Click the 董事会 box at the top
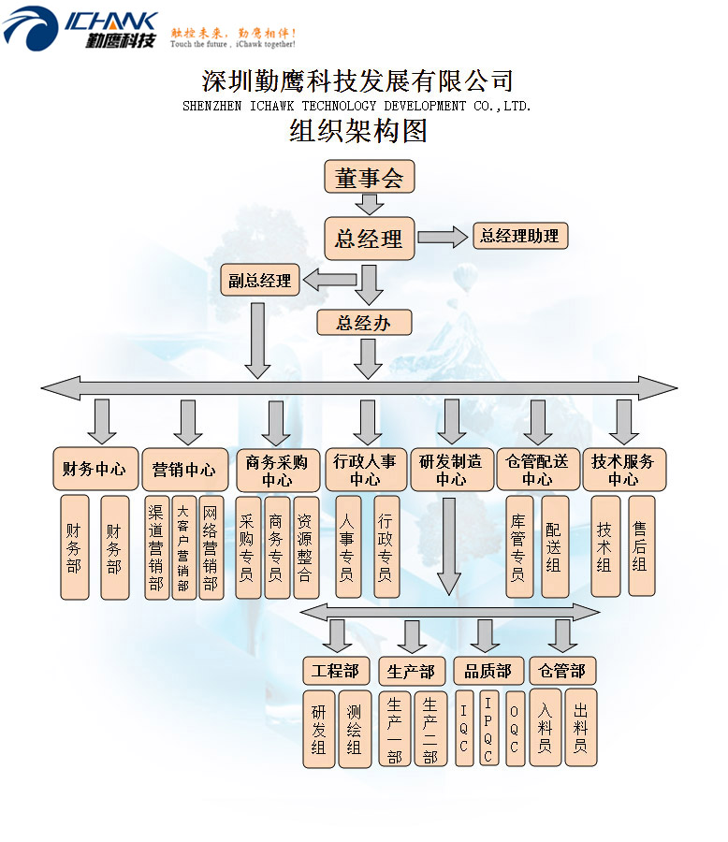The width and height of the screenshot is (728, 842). (x=369, y=177)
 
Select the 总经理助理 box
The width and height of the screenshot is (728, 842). (x=519, y=236)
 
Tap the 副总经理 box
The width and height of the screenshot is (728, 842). (x=260, y=280)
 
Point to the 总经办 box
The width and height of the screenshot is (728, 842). (x=363, y=323)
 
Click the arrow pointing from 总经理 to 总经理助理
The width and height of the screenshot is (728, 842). (x=443, y=237)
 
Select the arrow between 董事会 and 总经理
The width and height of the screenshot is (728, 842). (x=370, y=204)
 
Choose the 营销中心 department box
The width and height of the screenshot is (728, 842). (x=183, y=470)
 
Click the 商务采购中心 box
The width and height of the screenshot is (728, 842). (x=277, y=470)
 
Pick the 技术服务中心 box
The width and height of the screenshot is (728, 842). (x=623, y=470)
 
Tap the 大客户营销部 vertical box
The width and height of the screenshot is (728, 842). (x=183, y=547)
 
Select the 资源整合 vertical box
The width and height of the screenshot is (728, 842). (x=305, y=547)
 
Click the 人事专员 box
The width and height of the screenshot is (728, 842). (x=347, y=547)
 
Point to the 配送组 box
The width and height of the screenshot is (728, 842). (x=555, y=547)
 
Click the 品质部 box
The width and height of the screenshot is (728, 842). (x=488, y=672)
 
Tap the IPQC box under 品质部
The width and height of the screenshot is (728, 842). (x=488, y=728)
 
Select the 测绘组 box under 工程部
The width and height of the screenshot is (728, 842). (x=355, y=729)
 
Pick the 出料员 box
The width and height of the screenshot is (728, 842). (x=580, y=728)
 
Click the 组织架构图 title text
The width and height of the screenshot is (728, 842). (x=358, y=132)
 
